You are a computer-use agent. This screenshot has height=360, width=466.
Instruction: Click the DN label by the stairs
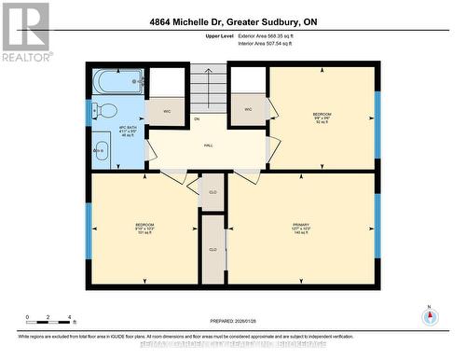click(197, 118)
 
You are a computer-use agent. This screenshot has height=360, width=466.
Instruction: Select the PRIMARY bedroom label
click(300, 227)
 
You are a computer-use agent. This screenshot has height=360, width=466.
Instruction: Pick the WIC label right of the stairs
click(249, 110)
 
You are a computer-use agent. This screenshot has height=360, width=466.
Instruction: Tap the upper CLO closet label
click(213, 192)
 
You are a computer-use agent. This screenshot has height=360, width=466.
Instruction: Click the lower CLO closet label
click(213, 250)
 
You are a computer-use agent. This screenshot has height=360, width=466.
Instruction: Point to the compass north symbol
click(429, 314)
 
